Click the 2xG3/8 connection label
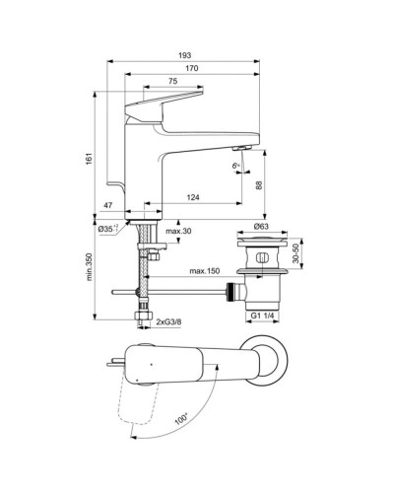(x=168, y=322)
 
